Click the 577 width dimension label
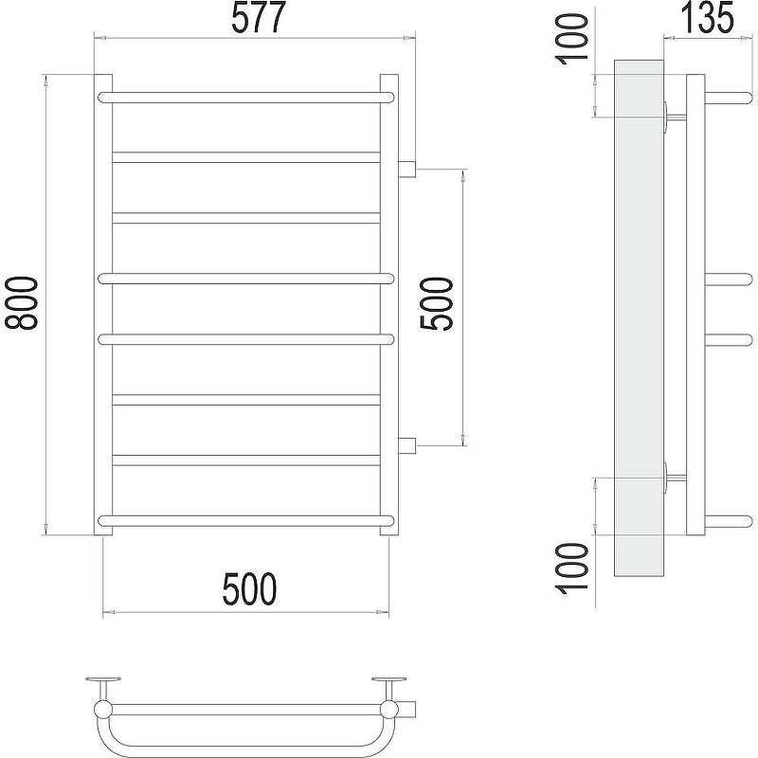[x=259, y=18]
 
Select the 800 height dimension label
[x=20, y=303]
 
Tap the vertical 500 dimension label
[x=437, y=303]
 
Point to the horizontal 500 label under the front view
[x=249, y=588]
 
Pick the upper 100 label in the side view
[x=573, y=39]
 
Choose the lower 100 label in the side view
[x=573, y=568]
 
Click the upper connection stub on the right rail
[x=407, y=169]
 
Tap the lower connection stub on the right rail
[x=407, y=445]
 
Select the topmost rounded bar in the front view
[x=246, y=98]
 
